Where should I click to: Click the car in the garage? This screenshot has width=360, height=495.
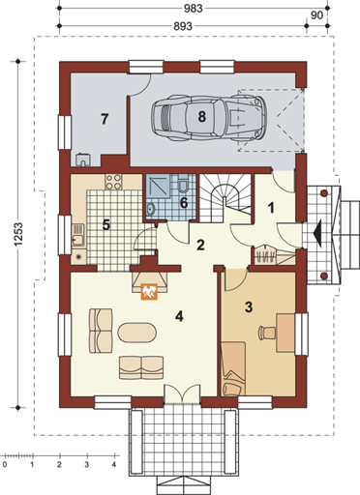tap(209, 118)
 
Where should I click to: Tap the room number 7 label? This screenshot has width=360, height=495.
tap(105, 119)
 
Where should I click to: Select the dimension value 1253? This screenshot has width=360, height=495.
tap(18, 234)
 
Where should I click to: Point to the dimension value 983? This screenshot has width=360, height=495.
tap(194, 9)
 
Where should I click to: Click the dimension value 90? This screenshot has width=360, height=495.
tap(316, 15)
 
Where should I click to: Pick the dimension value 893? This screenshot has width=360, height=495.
tap(183, 26)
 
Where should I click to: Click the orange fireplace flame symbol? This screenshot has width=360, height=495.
tap(149, 292)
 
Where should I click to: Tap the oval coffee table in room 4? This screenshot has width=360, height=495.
tap(137, 333)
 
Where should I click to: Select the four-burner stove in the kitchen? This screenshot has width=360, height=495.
tap(113, 182)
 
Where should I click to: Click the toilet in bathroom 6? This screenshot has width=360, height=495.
tap(183, 184)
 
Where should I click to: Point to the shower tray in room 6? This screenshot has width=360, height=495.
tap(158, 185)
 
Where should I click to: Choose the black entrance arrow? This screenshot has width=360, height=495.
tap(318, 233)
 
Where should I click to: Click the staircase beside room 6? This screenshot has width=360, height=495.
tap(225, 198)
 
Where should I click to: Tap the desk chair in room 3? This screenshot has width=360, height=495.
tap(266, 333)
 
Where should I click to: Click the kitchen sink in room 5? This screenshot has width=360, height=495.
tap(78, 236)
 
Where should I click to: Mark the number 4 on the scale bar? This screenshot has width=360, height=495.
tap(114, 465)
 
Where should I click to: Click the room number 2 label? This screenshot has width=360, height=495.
tap(200, 245)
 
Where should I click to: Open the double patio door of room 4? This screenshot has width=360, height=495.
tap(182, 393)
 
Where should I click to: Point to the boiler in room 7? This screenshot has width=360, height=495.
tap(83, 160)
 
